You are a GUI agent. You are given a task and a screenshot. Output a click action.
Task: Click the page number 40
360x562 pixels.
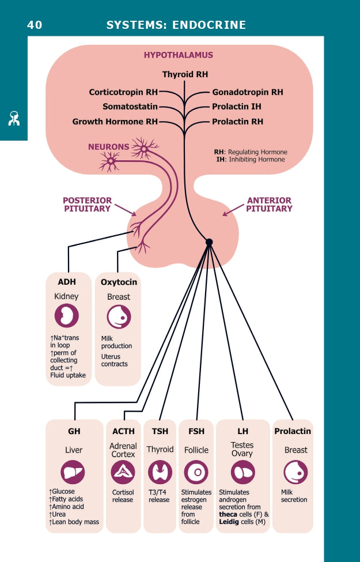click(x=35, y=25)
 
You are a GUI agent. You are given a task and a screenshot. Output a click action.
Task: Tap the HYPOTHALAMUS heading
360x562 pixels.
click(x=179, y=55)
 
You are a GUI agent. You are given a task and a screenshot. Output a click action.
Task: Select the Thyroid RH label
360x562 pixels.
click(x=185, y=75)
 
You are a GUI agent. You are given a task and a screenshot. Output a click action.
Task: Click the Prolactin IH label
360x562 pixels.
click(x=237, y=107)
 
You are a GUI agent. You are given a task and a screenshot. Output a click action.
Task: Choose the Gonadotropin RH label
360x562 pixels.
click(x=248, y=92)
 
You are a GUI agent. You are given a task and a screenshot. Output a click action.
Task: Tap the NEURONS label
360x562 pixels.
click(x=108, y=147)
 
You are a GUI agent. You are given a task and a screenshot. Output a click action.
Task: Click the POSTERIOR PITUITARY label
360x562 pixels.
click(x=86, y=205)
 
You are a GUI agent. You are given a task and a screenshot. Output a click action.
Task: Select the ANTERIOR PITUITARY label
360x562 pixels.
click(x=269, y=205)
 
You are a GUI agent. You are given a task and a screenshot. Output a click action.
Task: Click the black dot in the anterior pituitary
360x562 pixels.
click(x=209, y=242)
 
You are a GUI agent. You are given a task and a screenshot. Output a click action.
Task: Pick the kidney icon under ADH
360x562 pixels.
click(x=66, y=316)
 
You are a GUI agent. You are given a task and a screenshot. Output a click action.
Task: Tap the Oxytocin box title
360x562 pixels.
click(x=119, y=282)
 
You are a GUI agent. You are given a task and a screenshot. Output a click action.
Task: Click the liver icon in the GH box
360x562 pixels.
click(x=73, y=472)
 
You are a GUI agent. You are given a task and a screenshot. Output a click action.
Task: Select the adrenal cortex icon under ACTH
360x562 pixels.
click(x=123, y=473)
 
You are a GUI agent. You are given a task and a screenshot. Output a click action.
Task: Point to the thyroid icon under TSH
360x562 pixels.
click(x=160, y=473)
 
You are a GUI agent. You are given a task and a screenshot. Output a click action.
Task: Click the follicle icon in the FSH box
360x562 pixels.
click(x=196, y=473)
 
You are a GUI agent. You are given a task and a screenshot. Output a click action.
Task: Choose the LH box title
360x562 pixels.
click(x=242, y=431)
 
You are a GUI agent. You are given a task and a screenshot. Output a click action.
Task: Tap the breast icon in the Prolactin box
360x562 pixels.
click(x=295, y=473)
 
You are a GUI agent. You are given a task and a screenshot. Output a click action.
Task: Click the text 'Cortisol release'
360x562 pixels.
click(x=123, y=496)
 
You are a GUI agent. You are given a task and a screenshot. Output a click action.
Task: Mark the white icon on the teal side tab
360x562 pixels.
click(x=14, y=119)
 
